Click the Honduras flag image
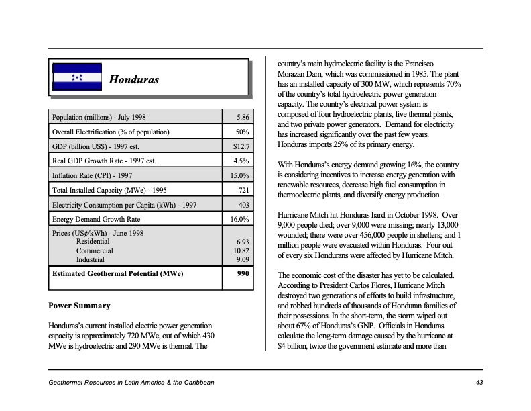77,78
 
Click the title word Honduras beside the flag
134,80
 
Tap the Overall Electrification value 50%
243,132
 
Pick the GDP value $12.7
241,146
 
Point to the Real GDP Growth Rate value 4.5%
241,161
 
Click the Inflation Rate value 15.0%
239,175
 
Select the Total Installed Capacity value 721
243,190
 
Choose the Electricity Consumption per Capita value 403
243,205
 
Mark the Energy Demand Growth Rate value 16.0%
239,219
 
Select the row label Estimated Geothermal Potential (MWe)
117,274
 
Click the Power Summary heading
79,306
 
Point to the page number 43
479,382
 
